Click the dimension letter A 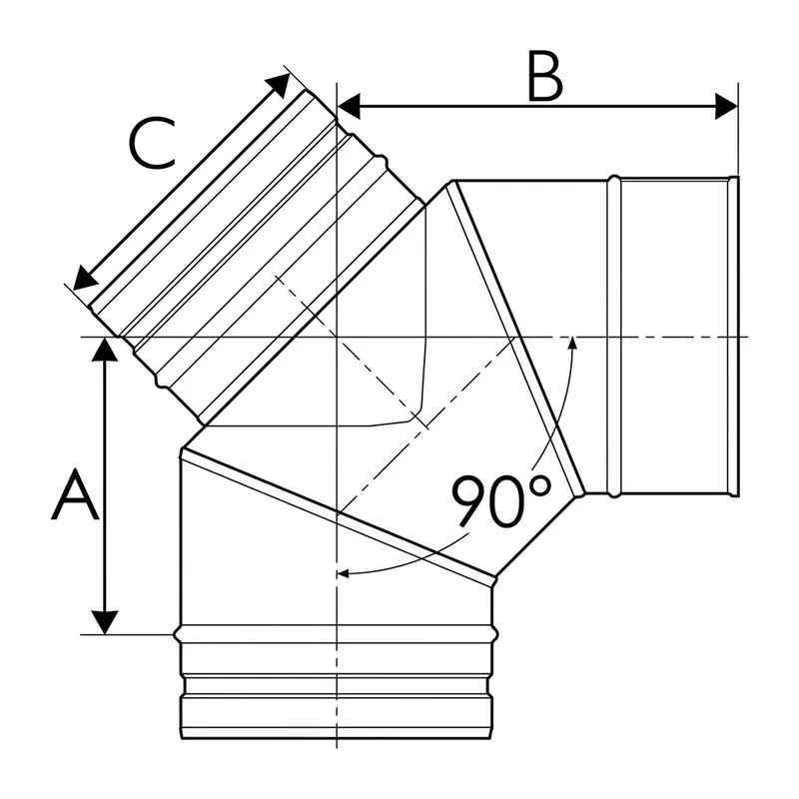tap(75, 494)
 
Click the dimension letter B tap(544, 77)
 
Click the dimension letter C tap(152, 143)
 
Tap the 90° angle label tap(501, 501)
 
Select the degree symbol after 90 tap(540, 486)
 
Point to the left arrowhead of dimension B tap(349, 107)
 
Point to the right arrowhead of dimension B tap(726, 107)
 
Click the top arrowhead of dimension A tap(105, 349)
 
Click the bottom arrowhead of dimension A tap(105, 622)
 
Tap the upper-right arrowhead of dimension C tap(278, 85)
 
